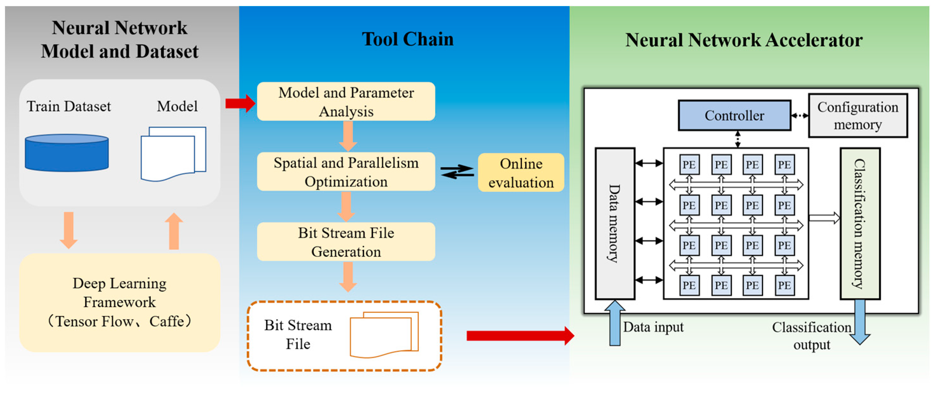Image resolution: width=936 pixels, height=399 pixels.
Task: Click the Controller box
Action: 734,115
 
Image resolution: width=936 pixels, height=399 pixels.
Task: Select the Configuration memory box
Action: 857,115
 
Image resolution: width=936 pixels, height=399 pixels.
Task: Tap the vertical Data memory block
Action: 615,223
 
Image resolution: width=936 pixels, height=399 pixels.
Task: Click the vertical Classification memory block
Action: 860,223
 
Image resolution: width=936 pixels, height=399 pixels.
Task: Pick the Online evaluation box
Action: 521,173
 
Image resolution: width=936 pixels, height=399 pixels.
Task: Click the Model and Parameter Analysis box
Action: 346,102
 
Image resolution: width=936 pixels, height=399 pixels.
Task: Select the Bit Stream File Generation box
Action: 346,242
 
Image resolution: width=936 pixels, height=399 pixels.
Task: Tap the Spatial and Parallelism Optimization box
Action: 346,172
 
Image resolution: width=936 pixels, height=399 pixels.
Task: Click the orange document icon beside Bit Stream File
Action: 384,335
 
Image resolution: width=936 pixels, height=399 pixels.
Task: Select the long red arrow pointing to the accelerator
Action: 520,336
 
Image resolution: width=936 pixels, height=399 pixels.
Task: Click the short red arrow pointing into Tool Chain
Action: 240,103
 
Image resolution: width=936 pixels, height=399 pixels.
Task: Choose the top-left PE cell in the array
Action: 689,165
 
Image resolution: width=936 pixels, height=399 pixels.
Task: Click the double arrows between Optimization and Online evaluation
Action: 457,172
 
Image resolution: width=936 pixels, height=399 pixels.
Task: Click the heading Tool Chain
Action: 407,39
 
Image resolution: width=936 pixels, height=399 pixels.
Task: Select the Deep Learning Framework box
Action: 120,302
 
